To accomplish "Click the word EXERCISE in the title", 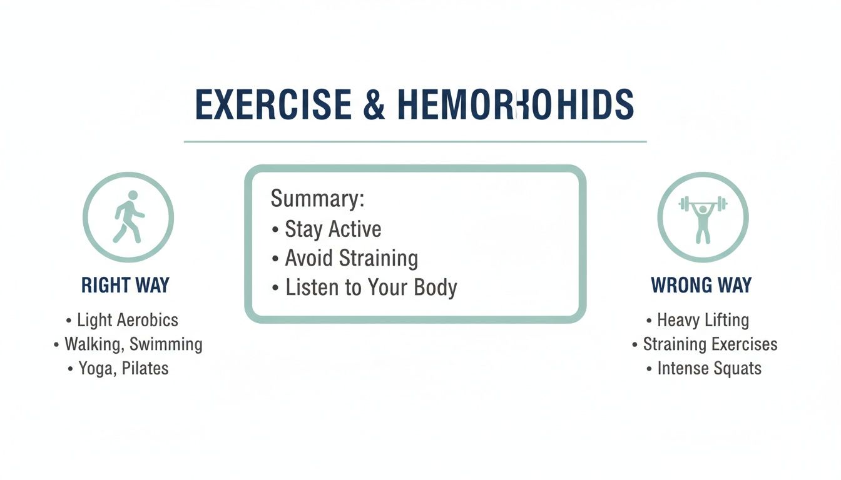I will coord(273,105).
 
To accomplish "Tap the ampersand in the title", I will coord(374,105).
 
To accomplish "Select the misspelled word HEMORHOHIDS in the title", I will coord(516,105).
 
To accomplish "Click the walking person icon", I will coord(128,217).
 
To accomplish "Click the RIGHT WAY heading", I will coord(125,286).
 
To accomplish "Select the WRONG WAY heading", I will coord(701,286).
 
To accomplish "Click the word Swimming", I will coord(166,344).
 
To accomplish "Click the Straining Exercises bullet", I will coord(710,344).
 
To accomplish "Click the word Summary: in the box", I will coord(317,199).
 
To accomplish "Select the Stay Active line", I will coord(332,229).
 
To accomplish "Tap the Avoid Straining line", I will coord(351,258).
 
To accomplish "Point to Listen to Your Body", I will coord(370,287).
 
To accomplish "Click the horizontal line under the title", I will coord(415,142).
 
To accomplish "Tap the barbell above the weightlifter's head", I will coord(703,204).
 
